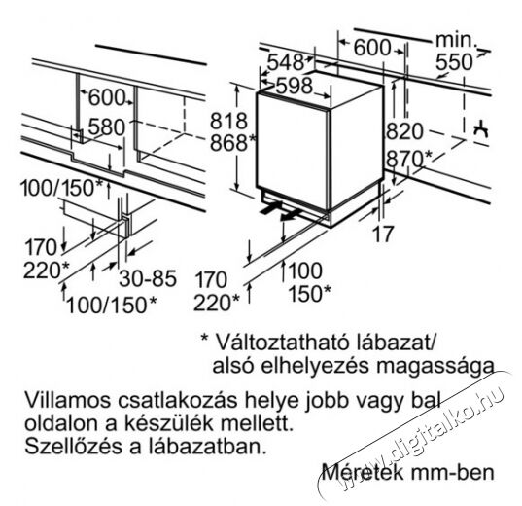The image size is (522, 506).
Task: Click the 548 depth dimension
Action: click(286, 62)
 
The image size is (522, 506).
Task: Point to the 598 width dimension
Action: click(294, 86)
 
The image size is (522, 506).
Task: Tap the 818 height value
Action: click(228, 121)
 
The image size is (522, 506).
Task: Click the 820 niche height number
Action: click(404, 131)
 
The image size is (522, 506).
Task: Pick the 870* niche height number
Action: click(409, 159)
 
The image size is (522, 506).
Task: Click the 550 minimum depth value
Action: click(454, 62)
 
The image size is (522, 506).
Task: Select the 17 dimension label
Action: click(383, 234)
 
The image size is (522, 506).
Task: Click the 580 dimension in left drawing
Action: click(107, 127)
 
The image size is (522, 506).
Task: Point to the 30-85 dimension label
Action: click(148, 278)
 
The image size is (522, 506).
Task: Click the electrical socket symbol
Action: click(481, 129)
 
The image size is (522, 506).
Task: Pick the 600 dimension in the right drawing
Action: click(372, 48)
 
